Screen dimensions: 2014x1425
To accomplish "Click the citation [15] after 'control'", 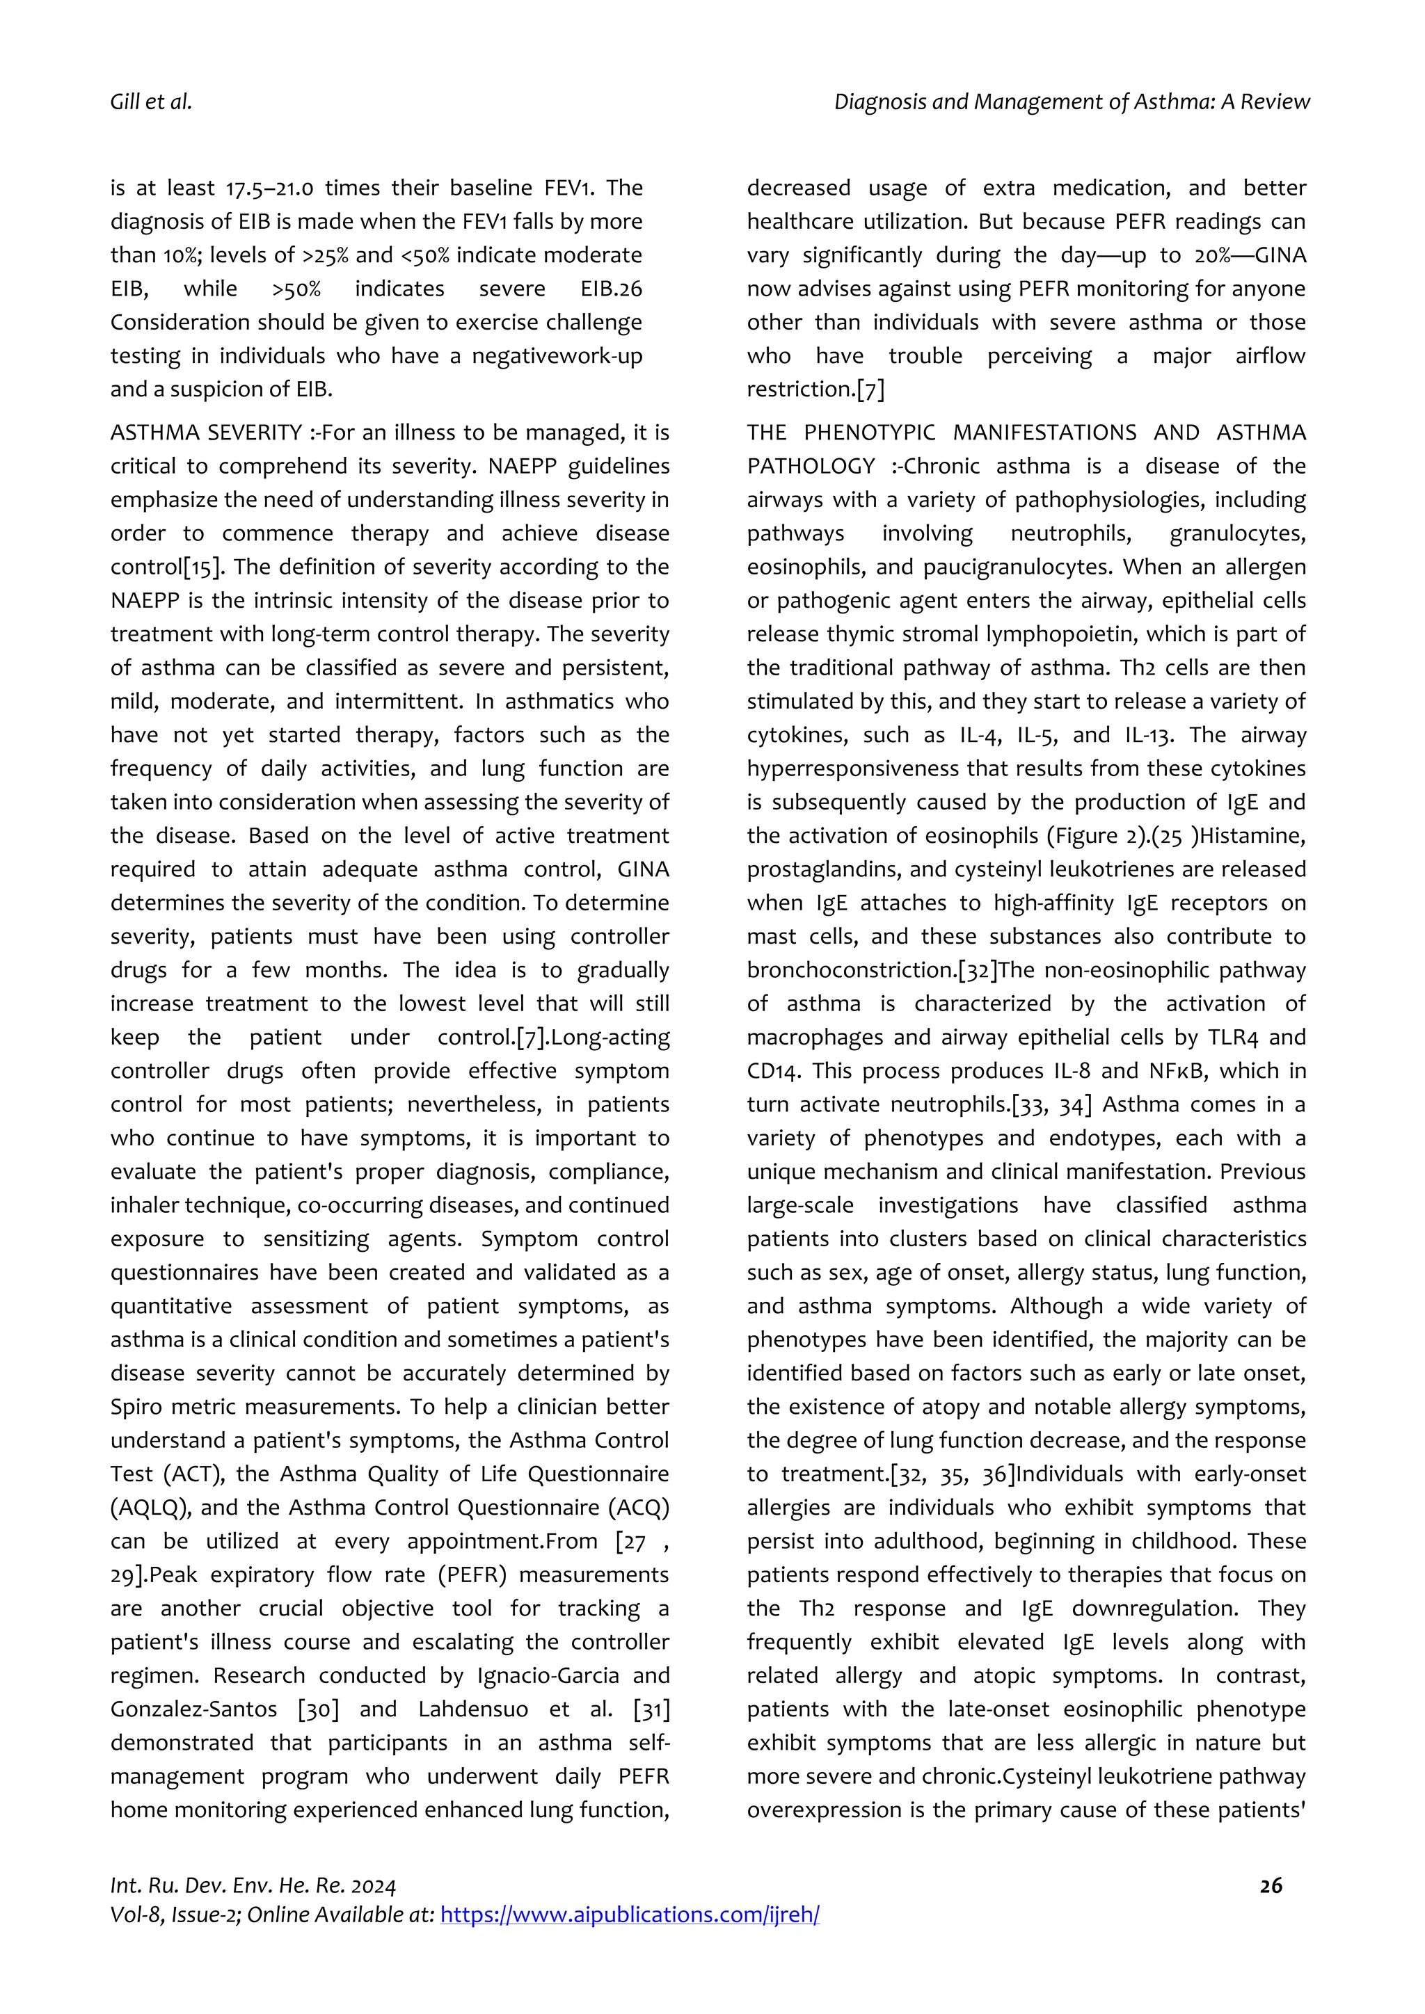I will tap(202, 567).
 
